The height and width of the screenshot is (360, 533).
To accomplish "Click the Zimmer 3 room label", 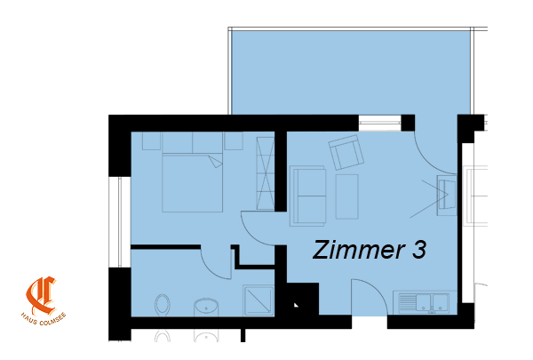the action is (369, 250).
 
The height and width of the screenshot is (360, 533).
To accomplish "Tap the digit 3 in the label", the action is (419, 250).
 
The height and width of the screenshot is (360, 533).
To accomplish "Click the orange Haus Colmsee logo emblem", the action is (42, 295).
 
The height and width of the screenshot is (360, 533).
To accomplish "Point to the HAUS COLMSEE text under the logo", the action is (44, 319).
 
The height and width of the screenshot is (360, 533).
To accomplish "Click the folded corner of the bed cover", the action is (215, 161).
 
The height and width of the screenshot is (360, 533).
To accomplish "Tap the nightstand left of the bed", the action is (151, 140).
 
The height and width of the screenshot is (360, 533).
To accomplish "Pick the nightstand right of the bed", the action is (234, 140).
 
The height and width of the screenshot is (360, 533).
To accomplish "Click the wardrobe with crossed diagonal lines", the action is (265, 173).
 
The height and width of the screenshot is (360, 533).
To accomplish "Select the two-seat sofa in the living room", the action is (308, 196).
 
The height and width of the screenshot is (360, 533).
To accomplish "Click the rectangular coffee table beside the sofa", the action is (346, 196).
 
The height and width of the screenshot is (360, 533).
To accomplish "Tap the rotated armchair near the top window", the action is (346, 152).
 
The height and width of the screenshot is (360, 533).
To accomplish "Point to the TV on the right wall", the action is (447, 195).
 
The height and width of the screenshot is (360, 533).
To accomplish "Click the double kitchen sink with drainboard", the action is (425, 302).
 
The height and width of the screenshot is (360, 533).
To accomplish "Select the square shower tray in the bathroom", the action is (259, 300).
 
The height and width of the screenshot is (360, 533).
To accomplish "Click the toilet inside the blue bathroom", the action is (163, 305).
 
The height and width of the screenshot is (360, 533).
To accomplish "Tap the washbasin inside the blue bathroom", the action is (206, 307).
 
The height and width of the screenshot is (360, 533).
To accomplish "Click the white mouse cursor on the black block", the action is (296, 305).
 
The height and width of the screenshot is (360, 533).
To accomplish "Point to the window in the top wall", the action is (380, 123).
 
